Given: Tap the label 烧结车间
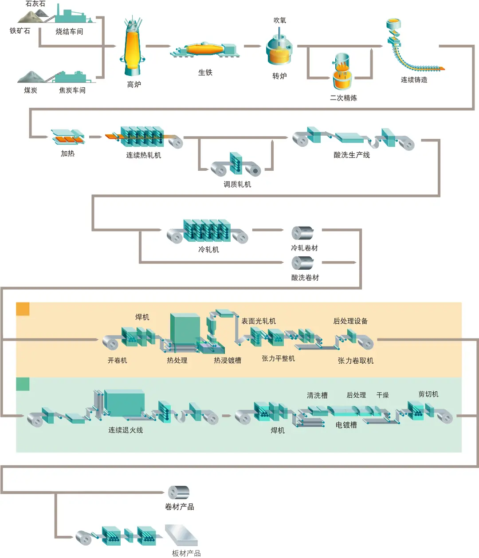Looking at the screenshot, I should tap(69, 31).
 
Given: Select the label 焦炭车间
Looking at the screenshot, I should tap(72, 90).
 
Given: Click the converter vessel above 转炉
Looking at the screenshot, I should tap(279, 51).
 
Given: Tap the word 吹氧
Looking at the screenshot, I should tap(280, 20).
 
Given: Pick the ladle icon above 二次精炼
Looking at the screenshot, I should tap(342, 73).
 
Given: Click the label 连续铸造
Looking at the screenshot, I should tap(414, 80).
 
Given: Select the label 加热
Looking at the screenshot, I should tap(67, 153).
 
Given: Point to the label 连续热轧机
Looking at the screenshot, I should tap(143, 155).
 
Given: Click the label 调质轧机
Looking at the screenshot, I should tap(237, 184).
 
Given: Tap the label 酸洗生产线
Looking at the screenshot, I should tap(352, 155).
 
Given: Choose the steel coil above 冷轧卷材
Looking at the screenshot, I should tap(302, 233).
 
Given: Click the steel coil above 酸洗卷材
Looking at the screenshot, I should tap(302, 263).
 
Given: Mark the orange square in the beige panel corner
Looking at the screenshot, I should tap(23, 309).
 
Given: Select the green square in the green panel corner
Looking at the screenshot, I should tap(23, 384).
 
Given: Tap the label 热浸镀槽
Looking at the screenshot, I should tap(228, 360).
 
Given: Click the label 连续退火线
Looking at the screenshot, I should tap(126, 430).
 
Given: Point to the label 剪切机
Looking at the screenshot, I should tap(428, 394).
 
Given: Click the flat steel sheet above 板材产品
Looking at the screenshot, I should tap(181, 535).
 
